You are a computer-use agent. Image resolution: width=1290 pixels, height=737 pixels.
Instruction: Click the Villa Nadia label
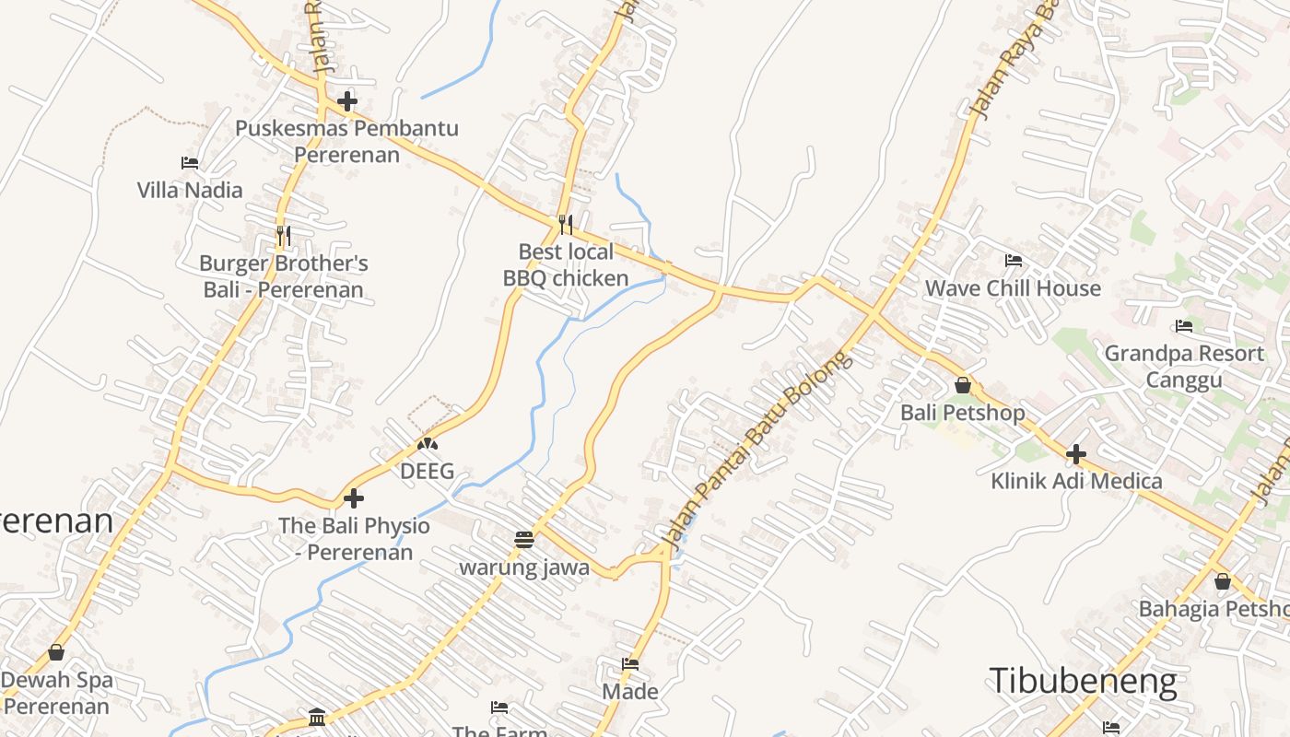click(x=190, y=191)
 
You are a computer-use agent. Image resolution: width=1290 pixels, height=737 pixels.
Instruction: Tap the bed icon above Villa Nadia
click(x=190, y=163)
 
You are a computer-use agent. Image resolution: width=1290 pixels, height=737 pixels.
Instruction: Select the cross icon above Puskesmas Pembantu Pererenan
click(x=347, y=101)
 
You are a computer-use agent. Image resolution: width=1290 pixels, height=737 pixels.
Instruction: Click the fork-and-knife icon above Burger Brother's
click(x=283, y=236)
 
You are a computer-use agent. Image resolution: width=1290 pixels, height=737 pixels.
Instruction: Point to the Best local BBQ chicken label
click(x=566, y=264)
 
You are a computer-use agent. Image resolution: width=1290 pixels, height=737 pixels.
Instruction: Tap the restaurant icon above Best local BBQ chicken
click(x=566, y=224)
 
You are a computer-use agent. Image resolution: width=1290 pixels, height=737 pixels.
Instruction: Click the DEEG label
click(x=427, y=472)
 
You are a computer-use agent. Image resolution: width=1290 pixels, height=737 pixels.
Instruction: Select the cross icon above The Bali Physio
click(x=354, y=499)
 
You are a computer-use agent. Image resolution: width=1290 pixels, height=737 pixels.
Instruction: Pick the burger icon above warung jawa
click(x=524, y=540)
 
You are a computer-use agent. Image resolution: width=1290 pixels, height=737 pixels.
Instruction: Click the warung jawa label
click(x=524, y=567)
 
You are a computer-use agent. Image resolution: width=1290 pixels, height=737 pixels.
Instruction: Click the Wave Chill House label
click(x=1013, y=288)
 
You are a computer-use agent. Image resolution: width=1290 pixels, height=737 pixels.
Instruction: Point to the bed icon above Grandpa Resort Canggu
click(x=1184, y=326)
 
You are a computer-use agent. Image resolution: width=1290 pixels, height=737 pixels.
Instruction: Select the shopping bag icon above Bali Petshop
click(x=963, y=385)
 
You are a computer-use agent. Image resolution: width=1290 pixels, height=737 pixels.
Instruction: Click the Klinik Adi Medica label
click(x=1076, y=481)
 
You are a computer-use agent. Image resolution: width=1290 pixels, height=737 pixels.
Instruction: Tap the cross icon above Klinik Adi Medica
click(x=1076, y=454)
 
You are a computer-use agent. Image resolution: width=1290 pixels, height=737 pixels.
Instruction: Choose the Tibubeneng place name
click(x=1083, y=682)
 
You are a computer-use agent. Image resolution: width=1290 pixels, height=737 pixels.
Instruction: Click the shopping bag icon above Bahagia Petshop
click(x=1222, y=581)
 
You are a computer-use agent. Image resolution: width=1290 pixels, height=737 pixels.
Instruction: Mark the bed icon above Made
click(x=630, y=664)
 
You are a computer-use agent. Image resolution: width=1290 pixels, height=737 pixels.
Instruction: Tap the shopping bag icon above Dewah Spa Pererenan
click(x=56, y=653)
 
